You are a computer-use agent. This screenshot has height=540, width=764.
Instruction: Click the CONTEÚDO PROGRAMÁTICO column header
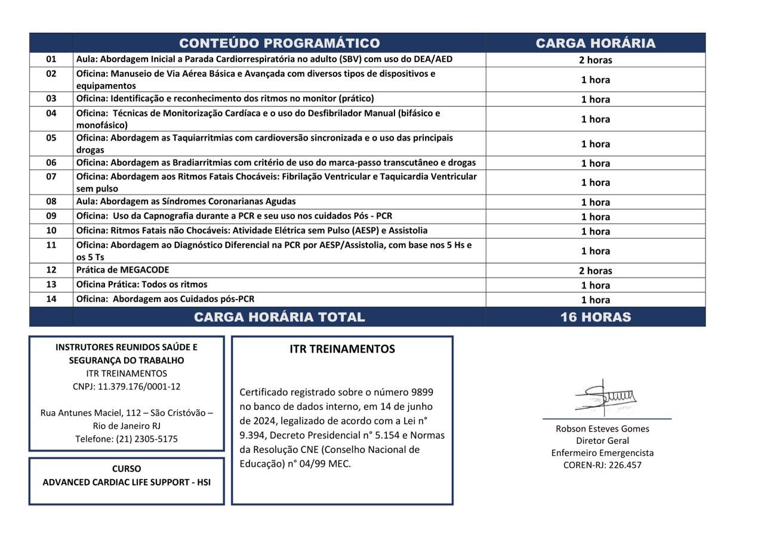tap(279, 43)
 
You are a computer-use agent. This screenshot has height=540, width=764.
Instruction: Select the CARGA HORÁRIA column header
tap(595, 43)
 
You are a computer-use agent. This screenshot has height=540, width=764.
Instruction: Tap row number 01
tap(51, 59)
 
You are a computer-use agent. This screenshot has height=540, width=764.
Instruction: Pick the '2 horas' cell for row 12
tap(595, 270)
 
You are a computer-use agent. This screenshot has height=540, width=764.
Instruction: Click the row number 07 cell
tap(51, 177)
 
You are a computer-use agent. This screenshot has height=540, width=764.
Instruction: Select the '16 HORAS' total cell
tap(595, 317)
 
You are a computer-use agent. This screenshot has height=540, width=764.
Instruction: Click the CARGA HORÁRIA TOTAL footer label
tap(279, 317)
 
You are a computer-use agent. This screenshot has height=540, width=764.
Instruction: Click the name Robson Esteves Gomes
tap(602, 428)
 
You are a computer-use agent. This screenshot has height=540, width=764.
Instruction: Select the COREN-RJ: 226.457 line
tap(602, 465)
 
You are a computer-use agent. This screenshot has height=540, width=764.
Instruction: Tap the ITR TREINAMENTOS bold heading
tap(342, 349)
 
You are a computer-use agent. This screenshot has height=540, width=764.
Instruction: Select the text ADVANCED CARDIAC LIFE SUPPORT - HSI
tap(127, 482)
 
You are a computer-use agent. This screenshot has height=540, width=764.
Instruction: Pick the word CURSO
tap(127, 469)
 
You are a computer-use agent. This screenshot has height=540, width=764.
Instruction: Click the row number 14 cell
tap(51, 299)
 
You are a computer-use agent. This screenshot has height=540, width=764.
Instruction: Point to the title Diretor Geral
tap(602, 441)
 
